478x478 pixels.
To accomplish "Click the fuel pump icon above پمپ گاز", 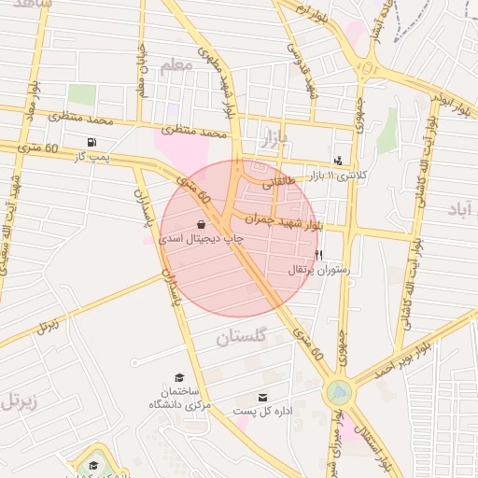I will click(91, 143).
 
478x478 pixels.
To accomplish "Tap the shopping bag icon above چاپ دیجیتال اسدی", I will click(202, 225).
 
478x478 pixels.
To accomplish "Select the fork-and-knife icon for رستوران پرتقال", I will click(319, 255).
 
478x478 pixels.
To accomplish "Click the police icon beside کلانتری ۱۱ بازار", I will click(337, 161).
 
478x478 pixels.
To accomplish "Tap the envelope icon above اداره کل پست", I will click(261, 398).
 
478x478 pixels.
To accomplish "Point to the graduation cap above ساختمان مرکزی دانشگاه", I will click(178, 377).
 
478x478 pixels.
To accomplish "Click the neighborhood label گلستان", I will click(241, 337).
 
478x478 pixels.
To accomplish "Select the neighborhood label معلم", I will click(176, 65).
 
